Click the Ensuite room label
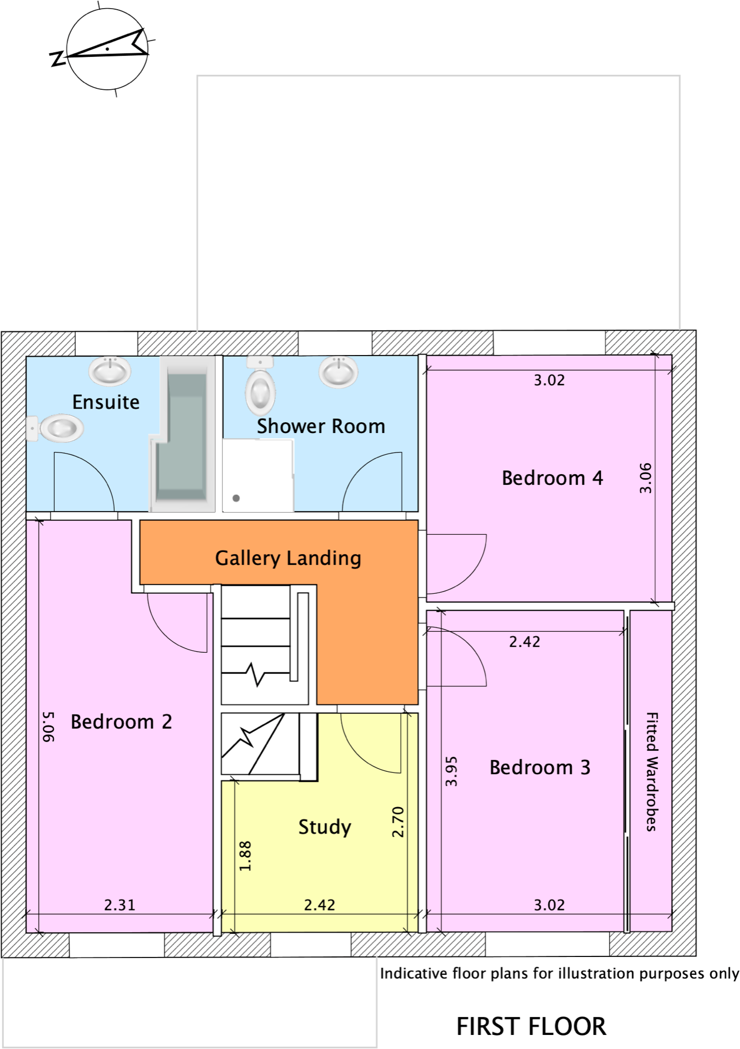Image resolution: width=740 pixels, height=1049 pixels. [106, 402]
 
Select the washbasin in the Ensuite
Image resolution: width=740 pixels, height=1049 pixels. [110, 371]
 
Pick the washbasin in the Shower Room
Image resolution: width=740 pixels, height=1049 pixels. [339, 371]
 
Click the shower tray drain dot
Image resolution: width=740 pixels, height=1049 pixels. [236, 498]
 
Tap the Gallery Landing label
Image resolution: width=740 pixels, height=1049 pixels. [288, 558]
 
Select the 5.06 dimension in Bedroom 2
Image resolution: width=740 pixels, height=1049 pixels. [48, 727]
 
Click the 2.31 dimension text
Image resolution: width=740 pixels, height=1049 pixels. [120, 905]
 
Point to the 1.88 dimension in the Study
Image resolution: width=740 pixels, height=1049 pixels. [245, 856]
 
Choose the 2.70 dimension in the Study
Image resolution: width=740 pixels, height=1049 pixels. [398, 822]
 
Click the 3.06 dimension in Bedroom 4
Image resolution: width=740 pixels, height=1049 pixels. [645, 478]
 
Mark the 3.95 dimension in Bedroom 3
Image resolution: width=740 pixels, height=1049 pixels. [451, 771]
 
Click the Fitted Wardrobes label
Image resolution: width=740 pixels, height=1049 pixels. [652, 771]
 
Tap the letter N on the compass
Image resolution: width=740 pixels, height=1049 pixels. [57, 58]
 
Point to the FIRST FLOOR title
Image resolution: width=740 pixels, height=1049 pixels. [531, 1026]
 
